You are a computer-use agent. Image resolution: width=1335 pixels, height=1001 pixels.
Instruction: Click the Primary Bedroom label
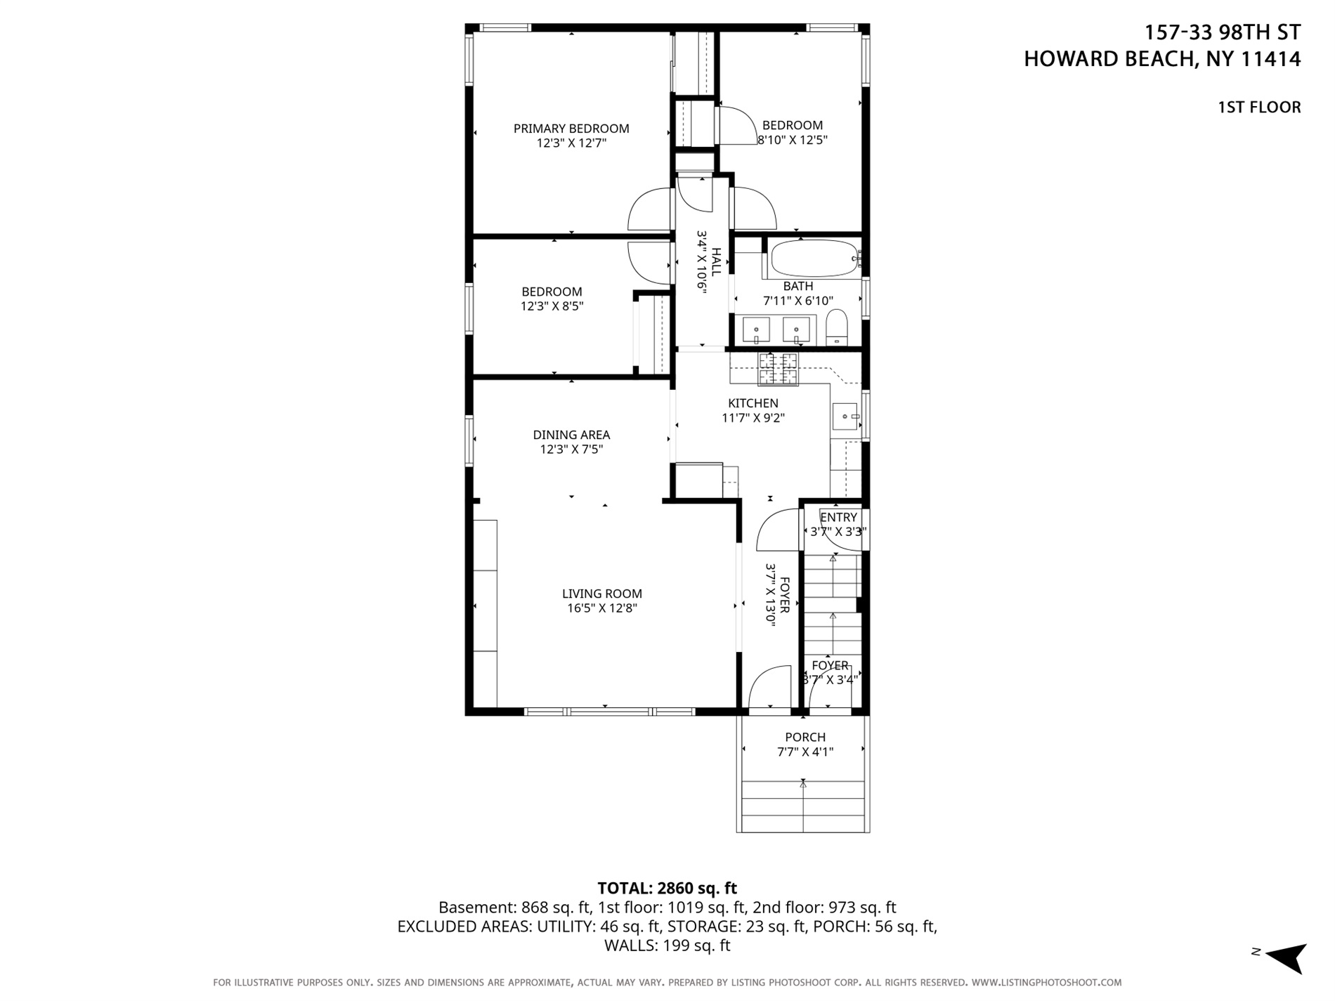571,129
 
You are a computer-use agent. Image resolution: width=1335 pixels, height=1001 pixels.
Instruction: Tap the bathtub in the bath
813,259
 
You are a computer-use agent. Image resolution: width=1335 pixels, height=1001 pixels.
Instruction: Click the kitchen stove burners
778,369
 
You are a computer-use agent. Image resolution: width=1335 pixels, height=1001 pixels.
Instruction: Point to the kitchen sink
845,417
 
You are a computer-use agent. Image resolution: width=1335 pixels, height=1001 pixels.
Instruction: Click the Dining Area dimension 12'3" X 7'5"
571,450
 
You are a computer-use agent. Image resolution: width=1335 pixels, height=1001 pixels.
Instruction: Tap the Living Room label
602,594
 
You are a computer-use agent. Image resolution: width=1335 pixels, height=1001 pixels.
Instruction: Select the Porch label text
805,737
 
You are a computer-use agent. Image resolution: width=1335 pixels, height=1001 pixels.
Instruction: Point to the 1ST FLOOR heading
1259,107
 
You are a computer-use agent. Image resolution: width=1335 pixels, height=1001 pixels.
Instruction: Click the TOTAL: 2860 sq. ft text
667,888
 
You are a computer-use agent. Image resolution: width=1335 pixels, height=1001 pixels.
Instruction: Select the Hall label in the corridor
716,262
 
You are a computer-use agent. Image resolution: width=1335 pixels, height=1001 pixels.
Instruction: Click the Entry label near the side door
838,518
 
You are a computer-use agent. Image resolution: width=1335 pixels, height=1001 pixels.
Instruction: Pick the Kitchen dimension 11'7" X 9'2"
753,418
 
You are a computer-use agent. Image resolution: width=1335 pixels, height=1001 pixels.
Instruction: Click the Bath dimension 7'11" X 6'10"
798,301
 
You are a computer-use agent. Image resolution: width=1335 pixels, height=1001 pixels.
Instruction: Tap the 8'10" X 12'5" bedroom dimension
793,140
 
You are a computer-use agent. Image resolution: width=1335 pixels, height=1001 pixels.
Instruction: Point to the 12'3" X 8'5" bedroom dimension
552,306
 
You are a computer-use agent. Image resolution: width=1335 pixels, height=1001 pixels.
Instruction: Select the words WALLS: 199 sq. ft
667,946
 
